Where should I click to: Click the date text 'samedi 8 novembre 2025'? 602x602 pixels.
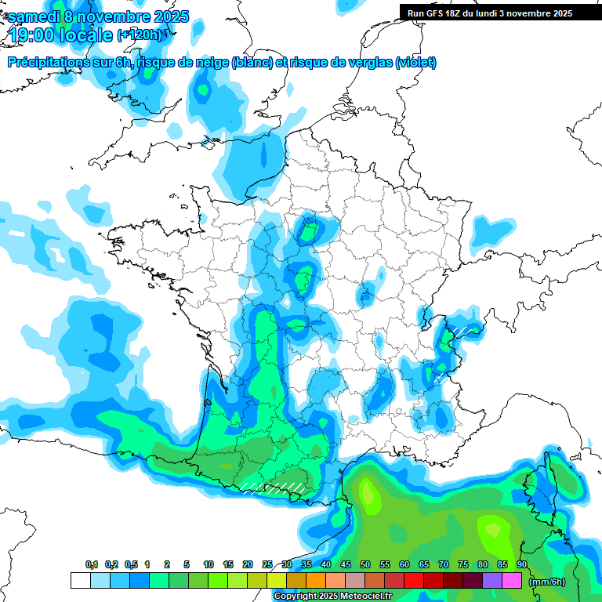98,16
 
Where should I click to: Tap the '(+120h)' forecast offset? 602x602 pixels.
140,34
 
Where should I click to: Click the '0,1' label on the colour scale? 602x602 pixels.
92,564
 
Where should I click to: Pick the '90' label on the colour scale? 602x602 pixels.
521,564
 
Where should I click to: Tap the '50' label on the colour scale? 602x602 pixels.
365,564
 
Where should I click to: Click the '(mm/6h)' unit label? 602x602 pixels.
547,582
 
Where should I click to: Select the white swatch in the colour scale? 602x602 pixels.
80,581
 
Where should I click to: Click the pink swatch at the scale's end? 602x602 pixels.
512,581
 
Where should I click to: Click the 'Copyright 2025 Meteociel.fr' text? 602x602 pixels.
332,597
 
